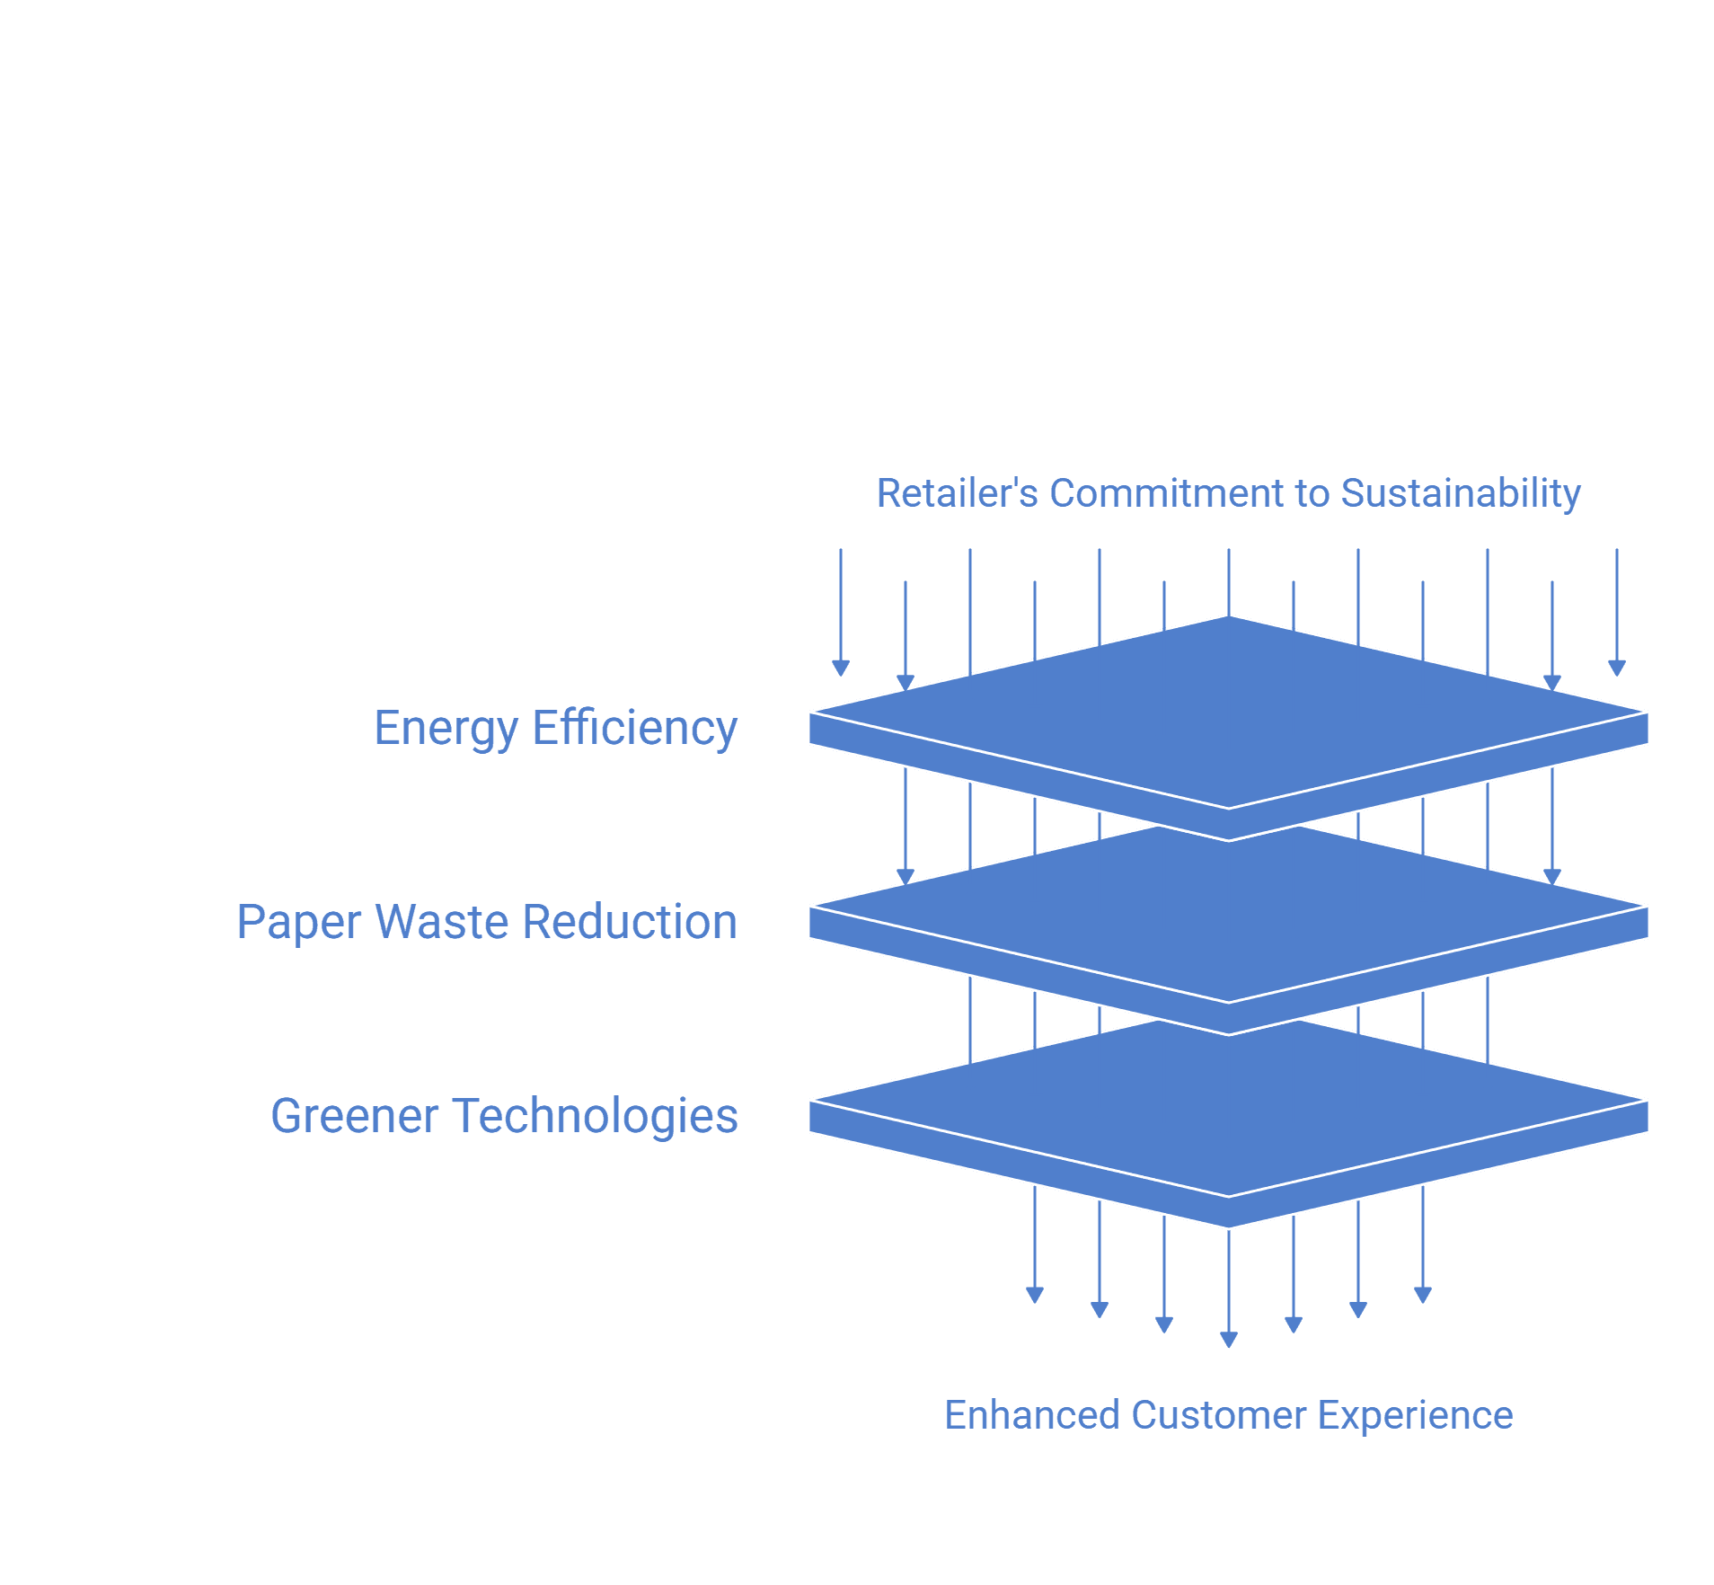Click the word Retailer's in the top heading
pos(958,493)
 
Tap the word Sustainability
pos(1461,494)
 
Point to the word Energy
pos(446,729)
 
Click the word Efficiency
pos(635,729)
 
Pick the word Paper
pos(298,923)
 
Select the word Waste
pos(441,922)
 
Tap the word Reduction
pos(630,922)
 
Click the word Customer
pos(1219,1415)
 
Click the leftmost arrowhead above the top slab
pos(841,669)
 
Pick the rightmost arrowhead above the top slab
pos(1617,669)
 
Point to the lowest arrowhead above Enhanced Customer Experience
pos(1229,1341)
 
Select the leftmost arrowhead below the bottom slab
pos(1035,1296)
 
